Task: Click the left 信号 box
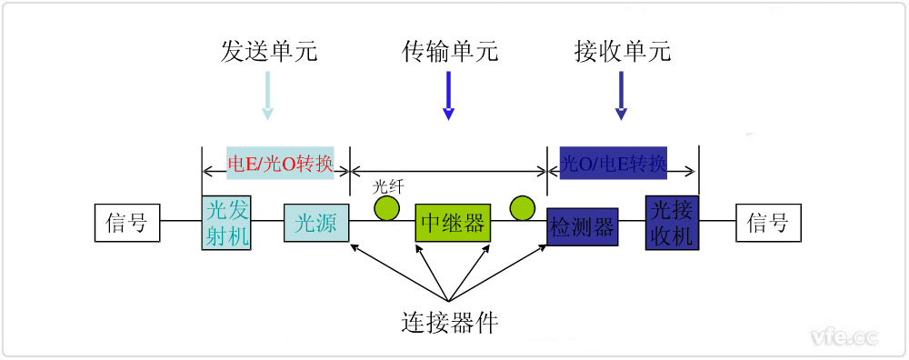tap(127, 223)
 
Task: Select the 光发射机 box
tap(226, 223)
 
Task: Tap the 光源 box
tap(316, 223)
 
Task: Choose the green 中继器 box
tap(452, 223)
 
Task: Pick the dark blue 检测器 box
tap(583, 225)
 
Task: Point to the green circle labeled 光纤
tap(387, 208)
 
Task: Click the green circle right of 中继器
tap(523, 208)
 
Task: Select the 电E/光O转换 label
tap(280, 165)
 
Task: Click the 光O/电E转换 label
tap(614, 165)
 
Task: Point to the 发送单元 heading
tap(269, 51)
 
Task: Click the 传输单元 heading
tap(450, 51)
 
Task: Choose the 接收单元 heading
tap(623, 51)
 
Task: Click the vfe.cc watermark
tap(844, 337)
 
